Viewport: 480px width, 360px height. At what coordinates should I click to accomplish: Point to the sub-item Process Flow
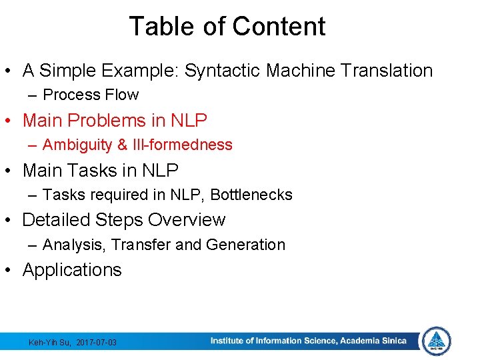pos(91,95)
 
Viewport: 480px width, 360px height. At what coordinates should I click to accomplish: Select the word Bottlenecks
pos(251,195)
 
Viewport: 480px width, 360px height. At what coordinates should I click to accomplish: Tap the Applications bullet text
pos(72,270)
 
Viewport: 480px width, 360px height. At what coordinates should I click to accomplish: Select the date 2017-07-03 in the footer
pos(97,342)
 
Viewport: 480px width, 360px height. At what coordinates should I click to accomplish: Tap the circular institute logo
pos(437,341)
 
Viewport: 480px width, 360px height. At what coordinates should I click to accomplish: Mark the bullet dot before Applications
pos(11,270)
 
